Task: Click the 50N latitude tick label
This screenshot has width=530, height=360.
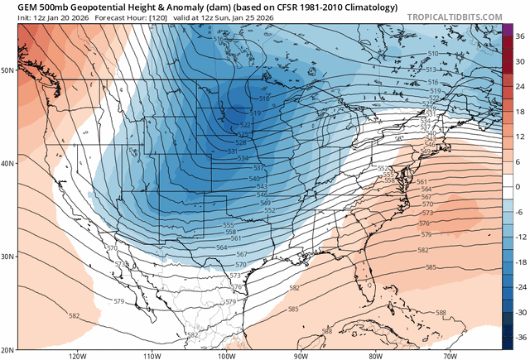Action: pyautogui.click(x=7, y=70)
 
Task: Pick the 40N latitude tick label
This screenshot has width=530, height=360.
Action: pyautogui.click(x=7, y=163)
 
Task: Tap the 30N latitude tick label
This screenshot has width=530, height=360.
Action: pyautogui.click(x=7, y=257)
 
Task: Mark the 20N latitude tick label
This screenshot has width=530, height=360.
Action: pyautogui.click(x=7, y=349)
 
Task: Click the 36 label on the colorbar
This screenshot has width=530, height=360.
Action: pyautogui.click(x=519, y=36)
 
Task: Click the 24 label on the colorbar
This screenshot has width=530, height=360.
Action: pyautogui.click(x=519, y=86)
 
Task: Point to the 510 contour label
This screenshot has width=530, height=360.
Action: pyautogui.click(x=432, y=54)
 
